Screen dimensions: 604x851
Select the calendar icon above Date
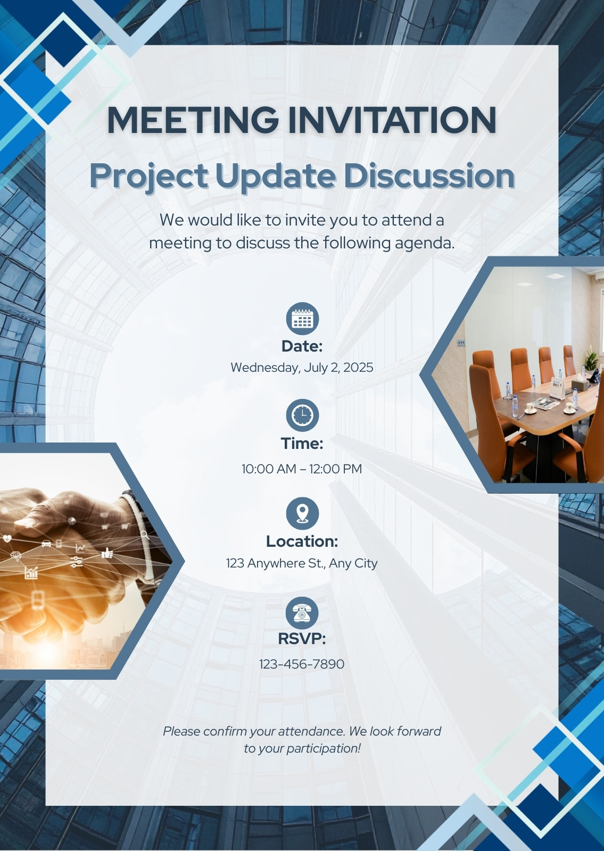pyautogui.click(x=302, y=319)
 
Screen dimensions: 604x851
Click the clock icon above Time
pyautogui.click(x=302, y=415)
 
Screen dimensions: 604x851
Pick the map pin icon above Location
pyautogui.click(x=302, y=513)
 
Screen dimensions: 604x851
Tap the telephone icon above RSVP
pyautogui.click(x=302, y=613)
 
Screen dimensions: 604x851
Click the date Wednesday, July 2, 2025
pyautogui.click(x=302, y=368)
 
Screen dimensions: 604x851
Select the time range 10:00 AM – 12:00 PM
pyautogui.click(x=302, y=469)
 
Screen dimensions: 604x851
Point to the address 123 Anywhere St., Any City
pyautogui.click(x=302, y=563)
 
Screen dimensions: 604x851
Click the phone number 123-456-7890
pyautogui.click(x=302, y=664)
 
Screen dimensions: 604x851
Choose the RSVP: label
pyautogui.click(x=302, y=639)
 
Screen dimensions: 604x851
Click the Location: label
pyautogui.click(x=302, y=541)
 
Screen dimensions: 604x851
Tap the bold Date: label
pyautogui.click(x=302, y=346)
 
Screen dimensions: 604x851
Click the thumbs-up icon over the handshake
pyautogui.click(x=107, y=553)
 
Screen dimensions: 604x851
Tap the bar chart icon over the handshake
pyautogui.click(x=31, y=572)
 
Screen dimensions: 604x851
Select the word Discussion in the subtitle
pyautogui.click(x=429, y=176)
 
